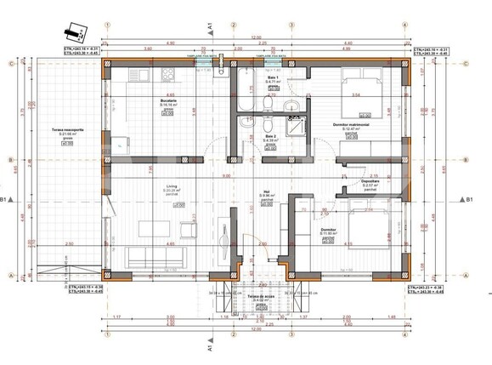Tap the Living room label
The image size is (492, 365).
coord(150,189)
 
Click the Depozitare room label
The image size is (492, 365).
coord(370,181)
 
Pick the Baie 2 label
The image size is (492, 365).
coord(270,136)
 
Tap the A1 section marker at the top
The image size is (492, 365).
coord(209,27)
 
